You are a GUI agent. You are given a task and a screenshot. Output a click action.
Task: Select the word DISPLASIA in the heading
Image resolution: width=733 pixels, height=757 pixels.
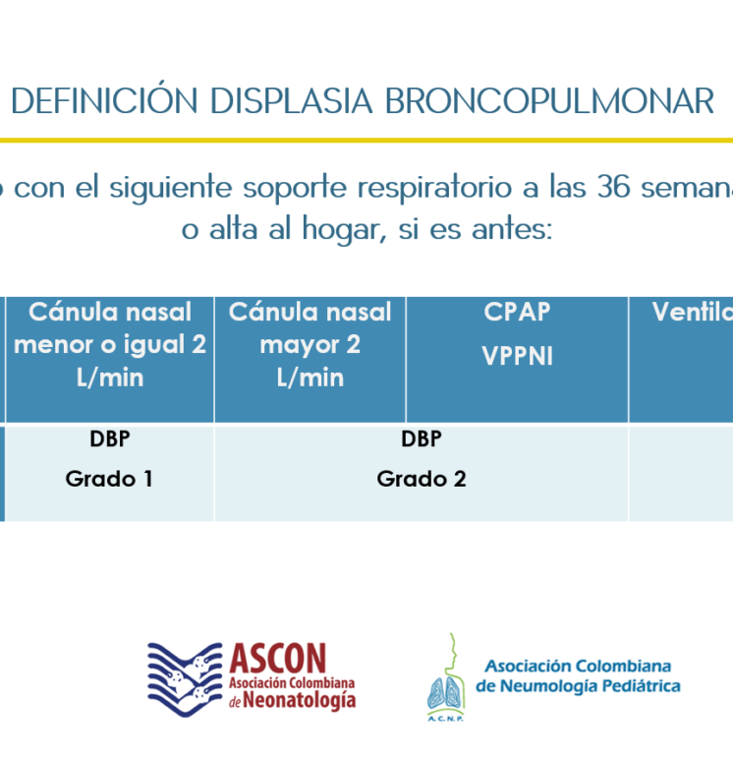point(292,101)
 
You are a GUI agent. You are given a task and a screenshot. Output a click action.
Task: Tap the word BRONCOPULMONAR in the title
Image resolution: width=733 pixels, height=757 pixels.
point(549,101)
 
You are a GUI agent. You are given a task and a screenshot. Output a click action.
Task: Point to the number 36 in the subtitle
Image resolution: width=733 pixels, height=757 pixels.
point(613,187)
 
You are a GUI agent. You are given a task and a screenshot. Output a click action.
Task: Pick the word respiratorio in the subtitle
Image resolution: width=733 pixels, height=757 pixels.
point(434,189)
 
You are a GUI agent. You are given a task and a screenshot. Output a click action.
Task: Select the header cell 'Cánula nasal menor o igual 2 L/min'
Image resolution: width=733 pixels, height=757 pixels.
point(110,360)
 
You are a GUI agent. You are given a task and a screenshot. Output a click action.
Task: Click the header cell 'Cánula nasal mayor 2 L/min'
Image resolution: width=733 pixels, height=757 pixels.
point(310,360)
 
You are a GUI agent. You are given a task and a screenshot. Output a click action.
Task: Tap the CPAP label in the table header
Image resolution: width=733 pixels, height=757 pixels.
point(517,312)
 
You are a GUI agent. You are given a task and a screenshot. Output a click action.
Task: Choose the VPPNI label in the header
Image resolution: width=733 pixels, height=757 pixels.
point(517,356)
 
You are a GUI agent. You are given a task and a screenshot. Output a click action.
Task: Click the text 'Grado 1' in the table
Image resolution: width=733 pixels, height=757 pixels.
point(109,479)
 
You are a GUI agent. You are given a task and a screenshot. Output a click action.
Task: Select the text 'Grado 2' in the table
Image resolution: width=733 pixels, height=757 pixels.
point(422,479)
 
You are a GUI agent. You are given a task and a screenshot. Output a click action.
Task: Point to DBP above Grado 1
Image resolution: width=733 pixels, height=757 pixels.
point(109,438)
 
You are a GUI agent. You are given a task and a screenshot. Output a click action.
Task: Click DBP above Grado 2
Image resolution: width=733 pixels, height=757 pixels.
point(422,438)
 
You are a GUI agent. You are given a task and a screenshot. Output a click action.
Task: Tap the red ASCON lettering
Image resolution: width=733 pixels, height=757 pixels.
point(278,659)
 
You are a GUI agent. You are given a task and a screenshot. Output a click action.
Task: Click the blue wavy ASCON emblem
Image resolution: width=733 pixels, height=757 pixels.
point(185,679)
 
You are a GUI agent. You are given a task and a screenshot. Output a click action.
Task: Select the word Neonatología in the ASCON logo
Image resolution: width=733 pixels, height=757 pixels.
point(299,701)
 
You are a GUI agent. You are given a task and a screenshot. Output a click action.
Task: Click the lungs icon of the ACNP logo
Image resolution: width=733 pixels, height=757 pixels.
point(446,693)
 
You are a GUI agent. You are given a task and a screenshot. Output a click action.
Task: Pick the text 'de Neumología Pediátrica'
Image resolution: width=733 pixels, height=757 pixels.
point(578,686)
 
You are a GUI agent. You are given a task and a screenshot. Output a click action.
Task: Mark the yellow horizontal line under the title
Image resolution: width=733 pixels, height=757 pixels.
point(366,141)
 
